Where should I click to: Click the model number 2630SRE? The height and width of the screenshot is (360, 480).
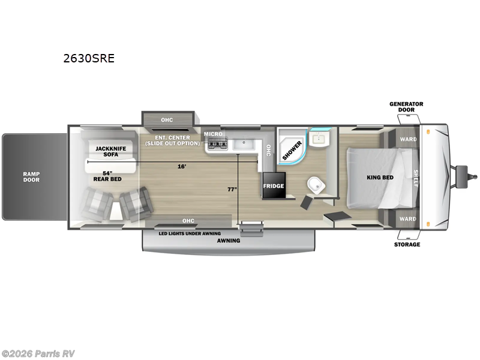point(89,59)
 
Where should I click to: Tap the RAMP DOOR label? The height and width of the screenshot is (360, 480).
point(31,176)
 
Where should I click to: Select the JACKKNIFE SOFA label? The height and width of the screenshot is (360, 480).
point(107,151)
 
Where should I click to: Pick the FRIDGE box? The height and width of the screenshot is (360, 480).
point(274,186)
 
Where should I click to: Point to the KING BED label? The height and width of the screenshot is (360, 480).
point(380,178)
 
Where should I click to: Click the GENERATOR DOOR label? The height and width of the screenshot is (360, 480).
point(406,107)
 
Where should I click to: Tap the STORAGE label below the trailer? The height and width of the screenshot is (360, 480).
point(407,244)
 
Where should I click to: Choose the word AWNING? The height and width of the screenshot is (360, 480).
point(228,241)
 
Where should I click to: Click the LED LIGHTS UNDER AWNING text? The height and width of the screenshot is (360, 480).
point(190,233)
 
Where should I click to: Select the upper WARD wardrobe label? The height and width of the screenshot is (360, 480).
point(408,139)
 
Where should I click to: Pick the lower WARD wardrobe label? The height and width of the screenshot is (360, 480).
point(408,219)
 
